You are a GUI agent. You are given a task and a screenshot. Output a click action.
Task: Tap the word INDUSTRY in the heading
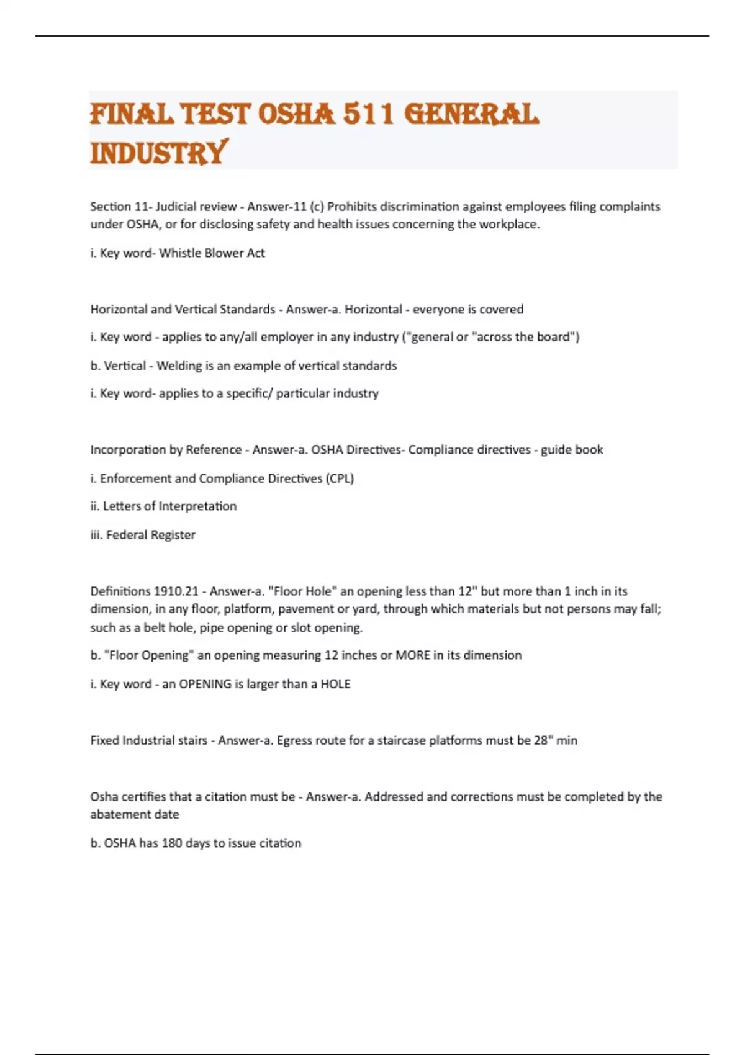(159, 153)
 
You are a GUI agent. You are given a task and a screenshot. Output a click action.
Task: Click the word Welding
(177, 366)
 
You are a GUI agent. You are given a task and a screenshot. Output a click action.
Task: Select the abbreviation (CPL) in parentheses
(340, 478)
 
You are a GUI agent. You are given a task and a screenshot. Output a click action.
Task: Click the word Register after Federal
(173, 535)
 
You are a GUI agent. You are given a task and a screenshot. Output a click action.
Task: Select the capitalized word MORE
(413, 655)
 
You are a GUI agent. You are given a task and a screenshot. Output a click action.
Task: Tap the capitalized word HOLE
(335, 684)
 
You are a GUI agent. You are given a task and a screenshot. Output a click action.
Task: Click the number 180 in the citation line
(172, 843)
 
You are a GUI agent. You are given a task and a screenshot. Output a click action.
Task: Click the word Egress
(296, 740)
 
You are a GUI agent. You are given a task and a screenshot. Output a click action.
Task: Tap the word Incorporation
(128, 450)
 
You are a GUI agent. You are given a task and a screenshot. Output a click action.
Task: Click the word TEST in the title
(215, 115)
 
